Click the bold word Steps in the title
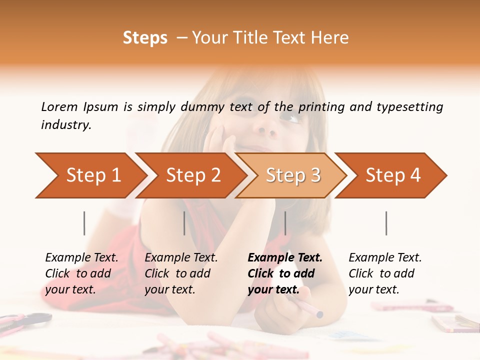tap(145, 38)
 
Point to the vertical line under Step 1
tap(84, 223)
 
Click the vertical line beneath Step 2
tap(184, 223)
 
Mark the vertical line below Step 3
tap(285, 223)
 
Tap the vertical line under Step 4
tap(386, 223)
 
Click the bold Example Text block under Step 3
tap(285, 273)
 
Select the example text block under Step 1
tap(81, 273)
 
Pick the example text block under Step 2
tap(181, 273)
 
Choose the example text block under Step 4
tap(385, 273)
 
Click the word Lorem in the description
tap(59, 106)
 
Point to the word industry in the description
tap(66, 125)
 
